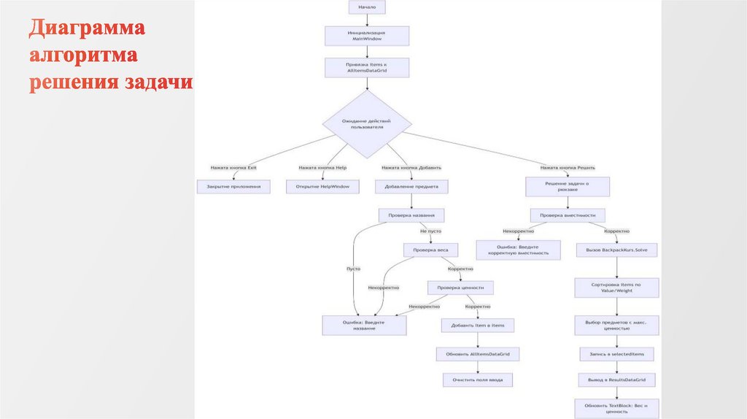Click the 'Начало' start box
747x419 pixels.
pos(367,7)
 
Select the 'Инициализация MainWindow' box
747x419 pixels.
pos(367,36)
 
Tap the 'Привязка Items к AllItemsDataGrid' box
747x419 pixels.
pos(367,67)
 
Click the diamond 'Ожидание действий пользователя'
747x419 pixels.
pos(367,123)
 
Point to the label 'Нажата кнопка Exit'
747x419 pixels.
pos(233,168)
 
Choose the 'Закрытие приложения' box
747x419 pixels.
pos(233,187)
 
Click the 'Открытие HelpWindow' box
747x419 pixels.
pos(322,187)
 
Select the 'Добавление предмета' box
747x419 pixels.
pos(411,187)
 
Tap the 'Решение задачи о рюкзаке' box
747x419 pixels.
pos(568,187)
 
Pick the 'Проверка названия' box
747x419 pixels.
pos(411,215)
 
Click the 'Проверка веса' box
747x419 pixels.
pos(431,250)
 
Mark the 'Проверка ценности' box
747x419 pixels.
pos(460,288)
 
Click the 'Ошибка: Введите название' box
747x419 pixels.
pos(364,325)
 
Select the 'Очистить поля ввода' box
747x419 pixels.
pos(478,380)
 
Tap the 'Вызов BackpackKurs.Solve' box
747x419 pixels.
pos(616,250)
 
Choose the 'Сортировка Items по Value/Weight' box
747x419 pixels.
pos(616,288)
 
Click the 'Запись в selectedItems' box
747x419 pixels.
pos(616,354)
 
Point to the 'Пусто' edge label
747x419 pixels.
pos(353,269)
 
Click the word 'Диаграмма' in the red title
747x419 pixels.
pos(88,30)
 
